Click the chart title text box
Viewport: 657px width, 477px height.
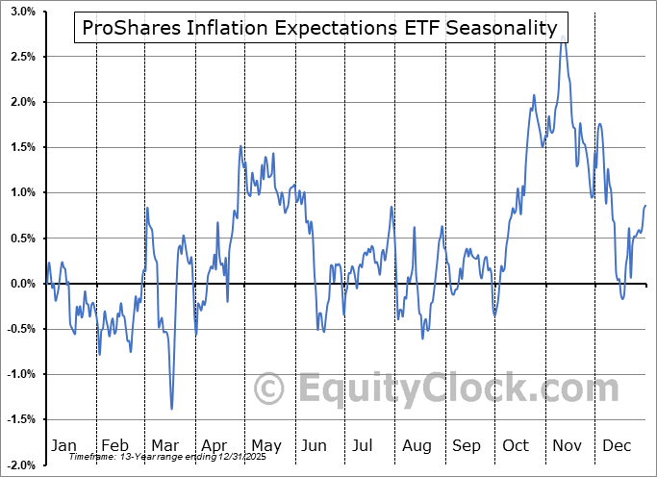click(x=320, y=28)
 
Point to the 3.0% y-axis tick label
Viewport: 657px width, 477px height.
click(x=23, y=12)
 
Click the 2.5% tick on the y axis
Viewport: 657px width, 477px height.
click(x=23, y=57)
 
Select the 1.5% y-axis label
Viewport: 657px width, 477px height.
click(x=23, y=147)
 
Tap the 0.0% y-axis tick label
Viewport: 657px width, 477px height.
click(x=23, y=284)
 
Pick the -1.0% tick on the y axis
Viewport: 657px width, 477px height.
click(x=21, y=374)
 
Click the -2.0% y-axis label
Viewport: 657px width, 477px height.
click(x=21, y=465)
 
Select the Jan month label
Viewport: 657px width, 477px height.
click(x=63, y=445)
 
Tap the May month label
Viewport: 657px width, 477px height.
click(x=265, y=445)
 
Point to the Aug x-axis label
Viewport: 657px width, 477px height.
click(x=417, y=445)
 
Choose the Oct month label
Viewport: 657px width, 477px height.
click(x=517, y=445)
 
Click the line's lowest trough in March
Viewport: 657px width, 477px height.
click(x=171, y=409)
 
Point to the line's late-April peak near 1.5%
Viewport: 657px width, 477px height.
click(x=240, y=147)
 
